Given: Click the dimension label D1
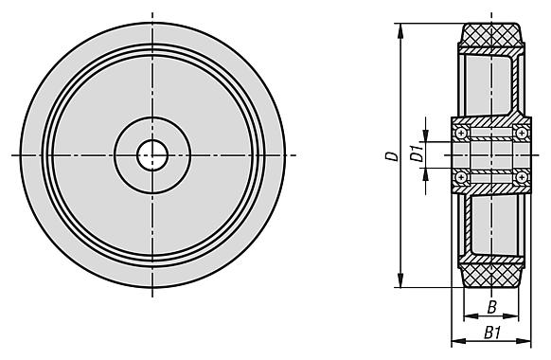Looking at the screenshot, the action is coord(418,153).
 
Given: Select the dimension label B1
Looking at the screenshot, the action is coord(492,333).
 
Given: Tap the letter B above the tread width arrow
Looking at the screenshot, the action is coord(492,307).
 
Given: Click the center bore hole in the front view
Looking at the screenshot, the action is coord(152,155).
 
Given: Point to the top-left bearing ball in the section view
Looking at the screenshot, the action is coord(461,133).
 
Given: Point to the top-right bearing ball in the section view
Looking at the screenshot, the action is coord(522,133).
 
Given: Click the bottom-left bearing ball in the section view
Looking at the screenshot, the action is coord(461,177).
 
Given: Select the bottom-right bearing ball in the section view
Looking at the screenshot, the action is coord(522,177).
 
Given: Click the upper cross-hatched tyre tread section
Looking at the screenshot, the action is coord(491,35).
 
